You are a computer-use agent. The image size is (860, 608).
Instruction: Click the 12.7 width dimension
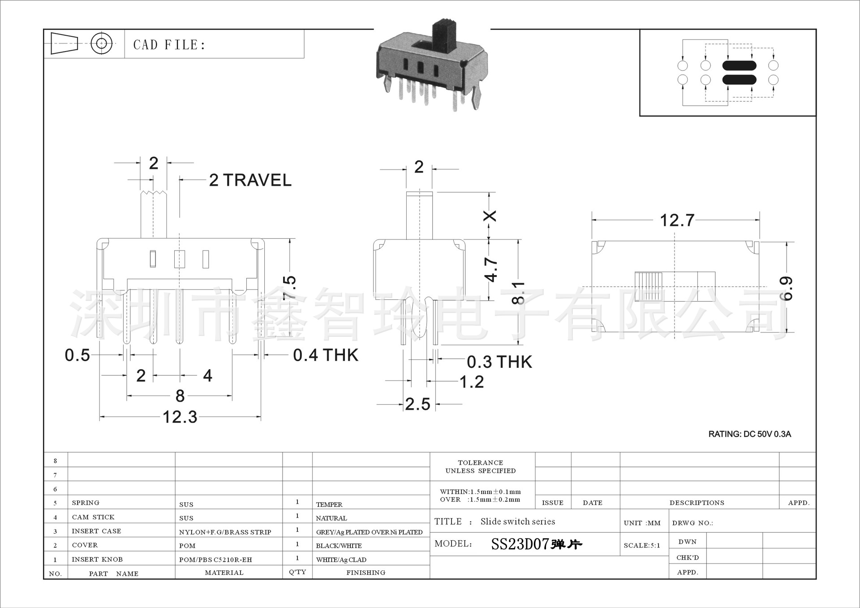(x=677, y=220)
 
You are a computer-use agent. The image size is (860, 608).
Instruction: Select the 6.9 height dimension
(x=786, y=288)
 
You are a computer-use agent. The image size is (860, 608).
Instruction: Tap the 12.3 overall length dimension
(x=180, y=417)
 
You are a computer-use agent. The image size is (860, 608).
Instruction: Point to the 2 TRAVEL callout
(x=250, y=180)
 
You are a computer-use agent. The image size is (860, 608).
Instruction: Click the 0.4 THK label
(x=326, y=355)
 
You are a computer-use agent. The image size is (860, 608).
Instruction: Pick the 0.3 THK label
(x=499, y=362)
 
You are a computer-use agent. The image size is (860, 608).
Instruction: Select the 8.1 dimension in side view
(x=518, y=293)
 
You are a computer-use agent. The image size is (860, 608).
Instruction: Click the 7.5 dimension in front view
(x=290, y=288)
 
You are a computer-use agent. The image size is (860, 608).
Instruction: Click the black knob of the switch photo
(x=443, y=34)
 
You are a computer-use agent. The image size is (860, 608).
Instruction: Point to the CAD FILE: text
(x=169, y=45)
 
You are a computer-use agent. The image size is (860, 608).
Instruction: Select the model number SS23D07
(x=520, y=544)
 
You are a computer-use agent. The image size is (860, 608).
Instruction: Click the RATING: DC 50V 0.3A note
(x=749, y=434)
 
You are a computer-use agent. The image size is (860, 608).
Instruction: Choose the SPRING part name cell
(x=86, y=503)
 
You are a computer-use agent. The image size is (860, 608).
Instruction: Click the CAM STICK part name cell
(x=93, y=517)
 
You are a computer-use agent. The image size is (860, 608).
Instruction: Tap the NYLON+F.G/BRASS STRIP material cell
(x=225, y=532)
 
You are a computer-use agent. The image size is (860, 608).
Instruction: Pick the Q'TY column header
(x=297, y=572)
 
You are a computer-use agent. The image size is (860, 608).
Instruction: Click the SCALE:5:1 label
(x=642, y=545)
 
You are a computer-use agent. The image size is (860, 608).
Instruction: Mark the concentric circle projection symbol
(x=101, y=43)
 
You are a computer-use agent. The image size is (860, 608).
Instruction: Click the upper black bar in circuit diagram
(x=739, y=66)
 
